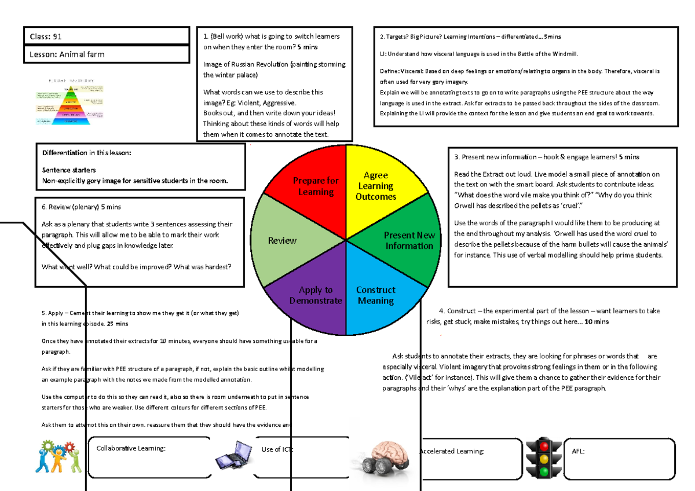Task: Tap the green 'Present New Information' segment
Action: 405,240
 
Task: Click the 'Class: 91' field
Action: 106,36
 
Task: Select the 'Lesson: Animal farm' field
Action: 106,54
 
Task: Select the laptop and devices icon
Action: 234,455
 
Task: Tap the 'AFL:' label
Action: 578,451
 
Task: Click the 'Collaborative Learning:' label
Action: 131,448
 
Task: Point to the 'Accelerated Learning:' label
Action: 452,451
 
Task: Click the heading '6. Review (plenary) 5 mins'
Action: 82,207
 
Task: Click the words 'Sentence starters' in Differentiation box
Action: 69,170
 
